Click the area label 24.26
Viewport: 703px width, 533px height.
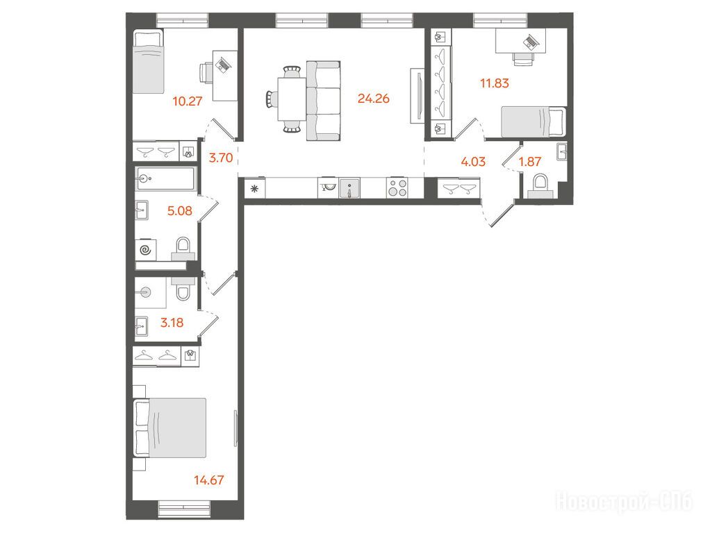coord(374,99)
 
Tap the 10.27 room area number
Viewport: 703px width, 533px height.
coord(188,101)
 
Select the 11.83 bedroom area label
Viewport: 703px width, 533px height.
coord(495,83)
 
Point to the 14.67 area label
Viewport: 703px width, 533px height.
coord(209,480)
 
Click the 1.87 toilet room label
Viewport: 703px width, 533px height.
coord(530,161)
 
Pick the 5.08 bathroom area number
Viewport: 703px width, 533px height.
coord(180,210)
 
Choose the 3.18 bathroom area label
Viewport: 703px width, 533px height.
coord(172,323)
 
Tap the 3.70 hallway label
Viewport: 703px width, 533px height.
coord(221,158)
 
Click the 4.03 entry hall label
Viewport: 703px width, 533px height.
coord(474,161)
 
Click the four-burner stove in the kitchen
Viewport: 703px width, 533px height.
coord(397,187)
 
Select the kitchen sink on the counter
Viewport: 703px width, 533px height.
coord(349,188)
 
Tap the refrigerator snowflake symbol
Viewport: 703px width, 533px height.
coord(255,189)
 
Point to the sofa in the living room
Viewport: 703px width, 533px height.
coord(323,101)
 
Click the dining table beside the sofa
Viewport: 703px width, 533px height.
coord(292,99)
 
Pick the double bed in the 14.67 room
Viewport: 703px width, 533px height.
coord(170,428)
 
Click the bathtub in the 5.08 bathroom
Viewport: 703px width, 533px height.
coord(166,178)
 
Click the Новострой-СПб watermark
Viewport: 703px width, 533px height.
coord(625,501)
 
